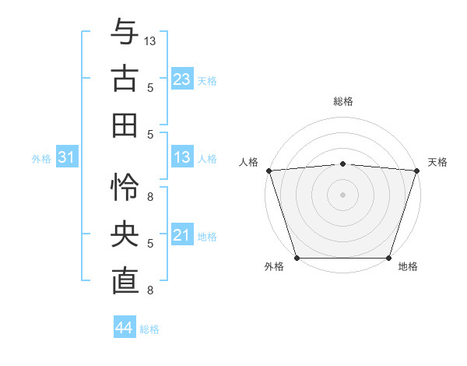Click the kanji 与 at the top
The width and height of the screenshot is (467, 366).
tap(125, 32)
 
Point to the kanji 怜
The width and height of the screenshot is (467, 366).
tap(125, 188)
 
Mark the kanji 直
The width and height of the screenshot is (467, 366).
tap(125, 281)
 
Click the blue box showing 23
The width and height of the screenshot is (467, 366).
tap(181, 79)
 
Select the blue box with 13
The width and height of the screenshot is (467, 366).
tap(181, 158)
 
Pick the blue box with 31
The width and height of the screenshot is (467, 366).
tap(67, 158)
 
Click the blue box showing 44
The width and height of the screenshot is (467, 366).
tap(124, 329)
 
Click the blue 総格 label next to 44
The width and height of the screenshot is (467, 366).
tap(149, 329)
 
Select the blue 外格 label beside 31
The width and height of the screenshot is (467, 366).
tap(41, 159)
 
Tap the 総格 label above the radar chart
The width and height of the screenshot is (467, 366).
tap(342, 101)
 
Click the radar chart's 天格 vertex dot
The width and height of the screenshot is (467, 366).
tap(417, 170)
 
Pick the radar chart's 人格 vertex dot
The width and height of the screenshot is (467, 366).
tap(269, 170)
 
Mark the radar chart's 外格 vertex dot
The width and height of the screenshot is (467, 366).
tap(297, 258)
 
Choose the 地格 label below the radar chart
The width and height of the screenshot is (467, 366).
tap(408, 267)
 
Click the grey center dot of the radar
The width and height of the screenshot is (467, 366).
tap(342, 194)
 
